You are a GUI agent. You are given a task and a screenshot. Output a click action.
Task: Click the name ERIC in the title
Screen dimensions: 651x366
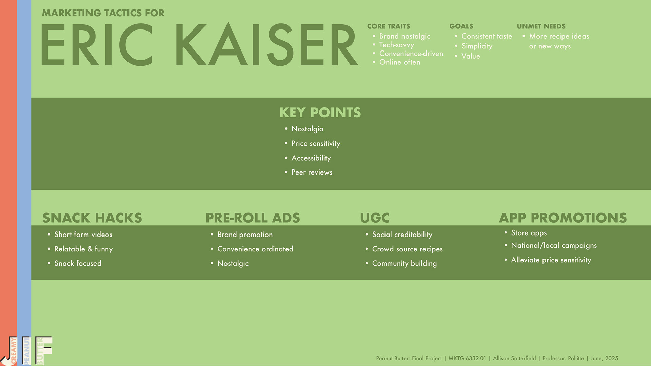[97, 45]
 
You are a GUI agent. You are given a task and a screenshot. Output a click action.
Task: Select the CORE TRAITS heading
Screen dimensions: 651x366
[389, 26]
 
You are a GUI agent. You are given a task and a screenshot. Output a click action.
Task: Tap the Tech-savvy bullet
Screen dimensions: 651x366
[396, 45]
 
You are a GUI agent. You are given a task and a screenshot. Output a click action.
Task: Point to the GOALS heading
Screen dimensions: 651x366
[461, 26]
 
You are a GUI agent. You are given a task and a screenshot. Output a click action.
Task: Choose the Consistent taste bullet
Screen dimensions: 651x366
[487, 36]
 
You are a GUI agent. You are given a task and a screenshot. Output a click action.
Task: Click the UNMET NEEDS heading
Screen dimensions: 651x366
[541, 26]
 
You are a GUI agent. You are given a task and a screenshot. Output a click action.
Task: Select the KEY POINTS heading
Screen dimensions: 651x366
[320, 113]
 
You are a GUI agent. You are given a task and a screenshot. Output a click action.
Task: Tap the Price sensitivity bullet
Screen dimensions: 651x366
[316, 144]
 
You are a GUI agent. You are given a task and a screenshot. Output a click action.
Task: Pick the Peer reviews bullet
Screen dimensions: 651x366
[312, 172]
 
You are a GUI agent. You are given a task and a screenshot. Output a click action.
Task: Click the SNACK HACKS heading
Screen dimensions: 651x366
[92, 218]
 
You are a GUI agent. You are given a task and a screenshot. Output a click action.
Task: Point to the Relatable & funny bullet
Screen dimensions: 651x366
[83, 249]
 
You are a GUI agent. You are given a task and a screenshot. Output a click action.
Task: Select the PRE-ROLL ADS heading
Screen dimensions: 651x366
[253, 218]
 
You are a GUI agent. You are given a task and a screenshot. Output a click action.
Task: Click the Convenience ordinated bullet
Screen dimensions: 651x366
[255, 249]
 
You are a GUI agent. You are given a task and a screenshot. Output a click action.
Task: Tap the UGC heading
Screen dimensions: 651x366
[375, 218]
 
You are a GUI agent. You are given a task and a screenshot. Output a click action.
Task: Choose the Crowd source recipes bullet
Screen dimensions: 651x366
[407, 249]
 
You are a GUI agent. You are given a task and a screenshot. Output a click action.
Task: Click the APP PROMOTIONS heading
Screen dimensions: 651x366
[563, 218]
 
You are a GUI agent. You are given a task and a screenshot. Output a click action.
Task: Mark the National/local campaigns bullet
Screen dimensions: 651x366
[554, 246]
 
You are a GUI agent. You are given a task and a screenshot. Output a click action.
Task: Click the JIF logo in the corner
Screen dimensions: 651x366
[26, 351]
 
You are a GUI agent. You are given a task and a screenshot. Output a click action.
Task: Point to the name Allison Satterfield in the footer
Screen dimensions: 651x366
[514, 358]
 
